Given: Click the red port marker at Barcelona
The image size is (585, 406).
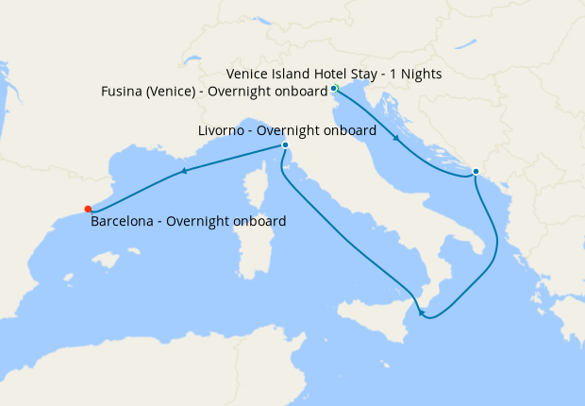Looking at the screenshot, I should (88, 210).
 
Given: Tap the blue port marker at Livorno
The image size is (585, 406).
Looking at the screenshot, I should (285, 145).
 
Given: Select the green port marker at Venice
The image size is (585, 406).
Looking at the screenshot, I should (334, 89).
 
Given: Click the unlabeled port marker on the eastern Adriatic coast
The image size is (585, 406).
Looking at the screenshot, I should (476, 171).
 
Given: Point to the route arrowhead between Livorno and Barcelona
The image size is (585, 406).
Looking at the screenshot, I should (183, 171).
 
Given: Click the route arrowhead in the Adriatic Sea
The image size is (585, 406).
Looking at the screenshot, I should (395, 139).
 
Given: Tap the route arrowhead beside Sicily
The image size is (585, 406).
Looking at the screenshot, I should (422, 313).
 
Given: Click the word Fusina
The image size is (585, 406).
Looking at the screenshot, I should (122, 91).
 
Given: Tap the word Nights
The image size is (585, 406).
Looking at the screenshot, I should (421, 74).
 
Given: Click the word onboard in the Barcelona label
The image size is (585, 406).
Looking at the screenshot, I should (259, 222).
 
